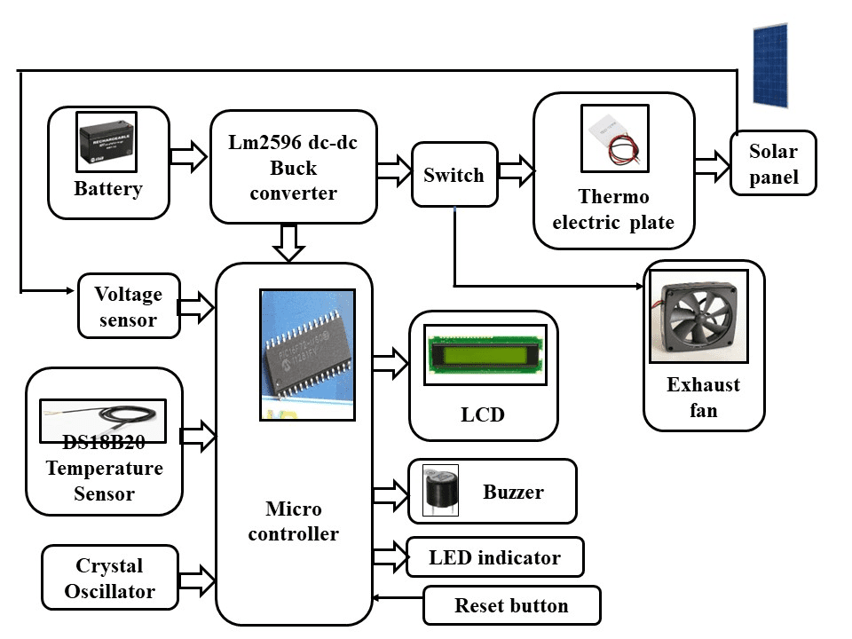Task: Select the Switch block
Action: click(454, 175)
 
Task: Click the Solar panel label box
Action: click(773, 163)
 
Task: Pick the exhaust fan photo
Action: click(698, 316)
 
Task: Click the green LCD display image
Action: click(485, 354)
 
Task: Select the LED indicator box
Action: click(494, 557)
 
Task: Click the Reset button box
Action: click(511, 605)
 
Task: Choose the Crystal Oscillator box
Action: click(109, 578)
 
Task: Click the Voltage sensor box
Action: click(129, 306)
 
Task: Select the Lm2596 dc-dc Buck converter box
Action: click(293, 167)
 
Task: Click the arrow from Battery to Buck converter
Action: click(188, 157)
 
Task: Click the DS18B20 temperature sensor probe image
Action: click(103, 419)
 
